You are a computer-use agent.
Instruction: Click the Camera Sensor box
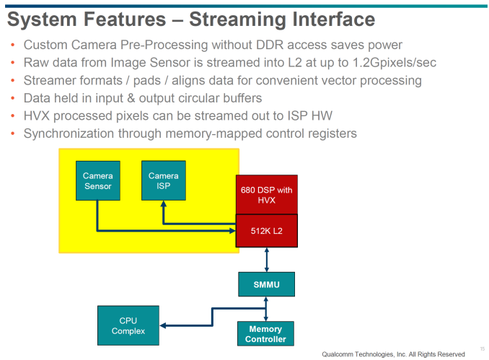[x=98, y=180]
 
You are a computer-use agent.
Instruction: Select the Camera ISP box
[x=164, y=180]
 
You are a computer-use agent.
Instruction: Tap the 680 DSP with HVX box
[x=267, y=195]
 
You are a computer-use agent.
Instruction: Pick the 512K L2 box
[x=267, y=231]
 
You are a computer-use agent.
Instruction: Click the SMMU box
[x=266, y=284]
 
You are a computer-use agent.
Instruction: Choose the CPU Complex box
[x=128, y=325]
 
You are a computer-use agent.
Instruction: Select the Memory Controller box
[x=265, y=334]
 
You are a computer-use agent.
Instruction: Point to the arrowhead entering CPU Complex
[x=163, y=325]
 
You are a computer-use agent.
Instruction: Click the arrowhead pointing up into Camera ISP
[x=164, y=203]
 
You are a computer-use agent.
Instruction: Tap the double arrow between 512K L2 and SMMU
[x=267, y=260]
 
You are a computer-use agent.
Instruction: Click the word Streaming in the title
[x=237, y=19]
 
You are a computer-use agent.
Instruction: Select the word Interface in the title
[x=333, y=19]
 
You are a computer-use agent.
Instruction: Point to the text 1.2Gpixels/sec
[x=395, y=63]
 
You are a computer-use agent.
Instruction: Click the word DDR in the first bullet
[x=270, y=45]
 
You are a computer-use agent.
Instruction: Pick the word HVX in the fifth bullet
[x=37, y=115]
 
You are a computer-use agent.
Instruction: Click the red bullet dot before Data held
[x=12, y=98]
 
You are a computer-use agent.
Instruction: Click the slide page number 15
[x=483, y=348]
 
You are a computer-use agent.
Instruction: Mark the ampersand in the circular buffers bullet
[x=131, y=98]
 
